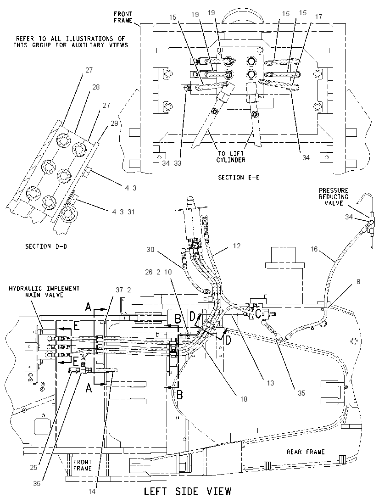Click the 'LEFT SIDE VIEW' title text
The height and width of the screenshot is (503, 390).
click(187, 491)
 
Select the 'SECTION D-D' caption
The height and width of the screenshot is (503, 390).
click(46, 246)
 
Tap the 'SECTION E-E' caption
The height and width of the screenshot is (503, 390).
click(239, 178)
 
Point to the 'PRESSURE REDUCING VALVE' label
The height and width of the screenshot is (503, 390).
click(334, 196)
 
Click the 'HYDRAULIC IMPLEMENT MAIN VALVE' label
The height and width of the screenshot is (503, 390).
click(44, 291)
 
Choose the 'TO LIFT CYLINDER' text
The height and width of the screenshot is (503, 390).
click(231, 156)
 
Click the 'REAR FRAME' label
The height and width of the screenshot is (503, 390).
click(306, 452)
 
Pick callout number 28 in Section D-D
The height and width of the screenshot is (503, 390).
click(96, 87)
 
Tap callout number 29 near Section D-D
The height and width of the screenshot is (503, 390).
click(115, 123)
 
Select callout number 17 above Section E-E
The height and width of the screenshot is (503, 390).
click(318, 17)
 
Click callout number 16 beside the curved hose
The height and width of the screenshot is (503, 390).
click(314, 249)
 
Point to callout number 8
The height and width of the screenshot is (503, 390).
click(358, 282)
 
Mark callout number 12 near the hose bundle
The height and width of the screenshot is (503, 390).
click(237, 246)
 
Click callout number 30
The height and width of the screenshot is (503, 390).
click(150, 249)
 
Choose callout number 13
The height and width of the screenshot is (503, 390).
click(270, 383)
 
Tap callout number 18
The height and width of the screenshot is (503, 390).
click(244, 399)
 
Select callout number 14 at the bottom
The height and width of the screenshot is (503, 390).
click(92, 491)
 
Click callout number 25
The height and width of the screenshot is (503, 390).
click(33, 467)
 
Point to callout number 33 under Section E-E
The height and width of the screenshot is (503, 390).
click(178, 163)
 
